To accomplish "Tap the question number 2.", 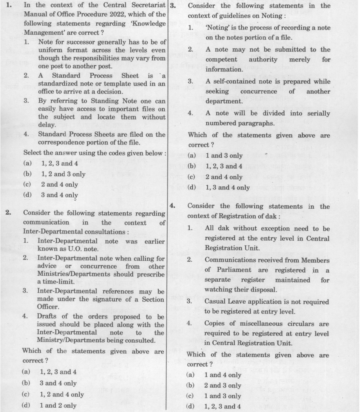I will point(8,213).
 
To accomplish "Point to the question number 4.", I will point(172,206).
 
